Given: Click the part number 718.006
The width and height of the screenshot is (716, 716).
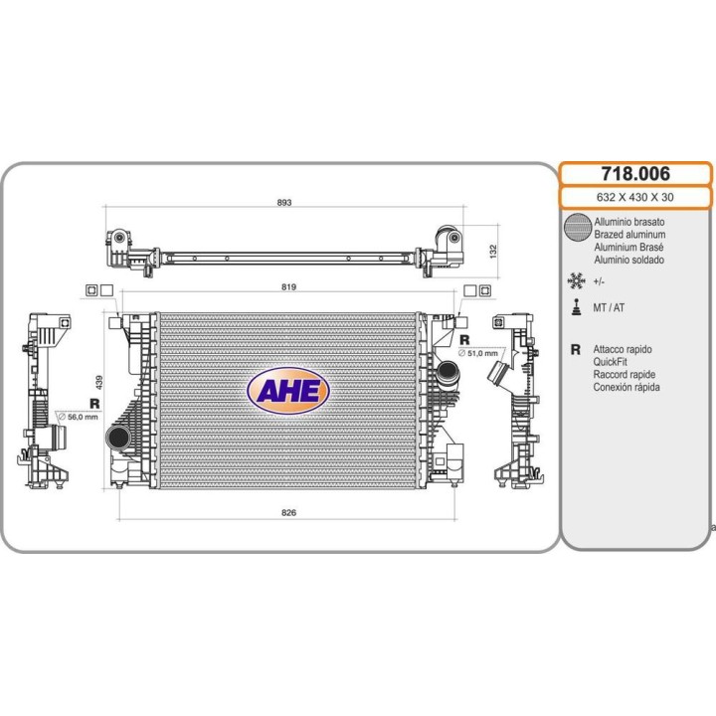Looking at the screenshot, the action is click(635, 173).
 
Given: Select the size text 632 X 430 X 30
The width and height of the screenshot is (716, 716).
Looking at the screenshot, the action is click(634, 197).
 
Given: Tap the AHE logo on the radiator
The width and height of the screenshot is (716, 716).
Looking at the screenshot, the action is click(288, 391).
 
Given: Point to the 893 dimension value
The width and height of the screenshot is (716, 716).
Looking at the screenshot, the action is click(284, 202).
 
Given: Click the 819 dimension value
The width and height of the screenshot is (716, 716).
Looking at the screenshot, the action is click(288, 286).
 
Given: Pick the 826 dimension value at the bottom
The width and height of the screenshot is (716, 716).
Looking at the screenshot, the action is click(288, 512).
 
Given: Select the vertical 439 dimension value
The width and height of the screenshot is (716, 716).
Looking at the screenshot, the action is click(99, 382).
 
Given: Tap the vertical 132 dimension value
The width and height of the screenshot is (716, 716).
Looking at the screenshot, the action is click(492, 252).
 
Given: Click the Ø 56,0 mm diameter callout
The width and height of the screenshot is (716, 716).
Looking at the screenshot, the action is click(79, 417).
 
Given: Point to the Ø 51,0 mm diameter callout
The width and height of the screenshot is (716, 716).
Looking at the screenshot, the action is click(478, 353).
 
